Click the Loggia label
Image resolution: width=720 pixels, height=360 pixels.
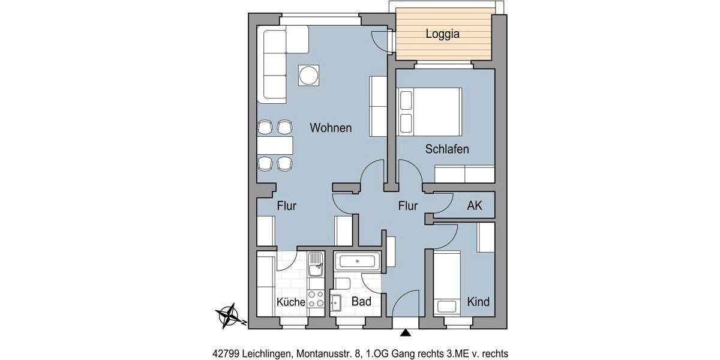(442, 34)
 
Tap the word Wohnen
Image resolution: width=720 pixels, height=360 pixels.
(331, 128)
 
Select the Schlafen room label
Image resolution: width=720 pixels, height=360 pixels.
(447, 149)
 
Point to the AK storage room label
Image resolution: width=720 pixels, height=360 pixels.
(475, 206)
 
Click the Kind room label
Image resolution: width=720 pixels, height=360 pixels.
(478, 301)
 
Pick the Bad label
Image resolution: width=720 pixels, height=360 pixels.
(361, 301)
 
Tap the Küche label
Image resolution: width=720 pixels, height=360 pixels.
(290, 302)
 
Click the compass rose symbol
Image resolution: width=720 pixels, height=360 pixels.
(229, 314)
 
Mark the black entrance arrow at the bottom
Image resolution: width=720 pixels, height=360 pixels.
(406, 332)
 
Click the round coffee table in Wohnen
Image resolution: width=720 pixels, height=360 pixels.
(308, 76)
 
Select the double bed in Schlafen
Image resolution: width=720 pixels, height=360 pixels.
(430, 111)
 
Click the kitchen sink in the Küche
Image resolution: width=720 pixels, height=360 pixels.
(316, 265)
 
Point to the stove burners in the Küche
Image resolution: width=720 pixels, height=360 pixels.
(316, 299)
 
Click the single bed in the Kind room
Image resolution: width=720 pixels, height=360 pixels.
(447, 283)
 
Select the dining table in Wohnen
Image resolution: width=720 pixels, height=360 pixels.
(275, 145)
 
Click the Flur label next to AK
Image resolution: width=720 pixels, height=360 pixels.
(408, 206)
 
